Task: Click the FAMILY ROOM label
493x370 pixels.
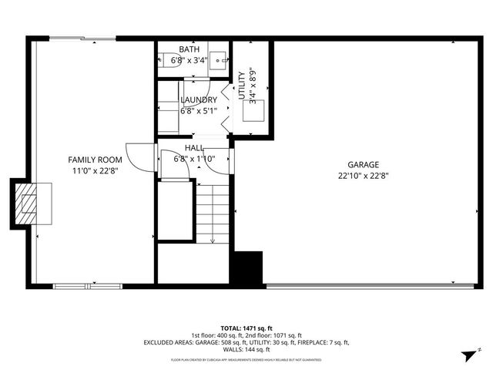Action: [96, 159]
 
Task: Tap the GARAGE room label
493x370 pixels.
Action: [363, 164]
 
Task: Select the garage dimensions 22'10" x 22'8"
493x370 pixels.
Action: [363, 175]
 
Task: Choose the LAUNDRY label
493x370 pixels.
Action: [199, 100]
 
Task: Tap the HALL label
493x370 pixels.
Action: [194, 147]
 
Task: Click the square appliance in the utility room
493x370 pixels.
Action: [253, 112]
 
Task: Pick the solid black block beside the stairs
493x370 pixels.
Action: [248, 269]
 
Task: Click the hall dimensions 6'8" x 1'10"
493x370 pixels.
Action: [194, 159]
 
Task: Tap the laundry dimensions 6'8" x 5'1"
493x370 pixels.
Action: [199, 111]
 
